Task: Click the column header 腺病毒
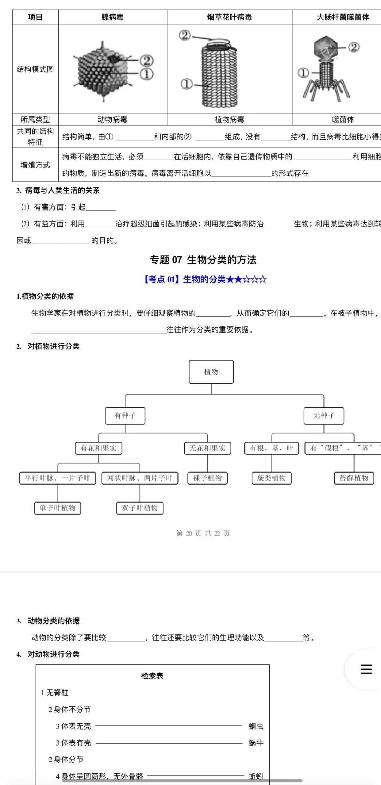tap(112, 17)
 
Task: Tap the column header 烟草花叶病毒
tap(229, 17)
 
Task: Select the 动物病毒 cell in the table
tap(112, 120)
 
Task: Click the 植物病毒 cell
tap(229, 120)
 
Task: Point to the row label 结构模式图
tap(35, 69)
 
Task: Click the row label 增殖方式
tap(35, 165)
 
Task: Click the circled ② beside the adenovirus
tap(147, 61)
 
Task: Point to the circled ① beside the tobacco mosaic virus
tap(187, 84)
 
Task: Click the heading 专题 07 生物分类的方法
tap(203, 260)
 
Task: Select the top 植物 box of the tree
tap(211, 372)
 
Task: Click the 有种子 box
tap(125, 415)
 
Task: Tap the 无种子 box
tap(323, 415)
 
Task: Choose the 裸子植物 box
tap(207, 478)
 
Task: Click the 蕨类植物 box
tap(271, 478)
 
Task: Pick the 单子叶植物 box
tap(58, 508)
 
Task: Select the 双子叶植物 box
tap(140, 508)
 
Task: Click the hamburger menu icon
tap(366, 669)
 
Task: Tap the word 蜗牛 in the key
tap(256, 743)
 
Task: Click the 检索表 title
tap(152, 676)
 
